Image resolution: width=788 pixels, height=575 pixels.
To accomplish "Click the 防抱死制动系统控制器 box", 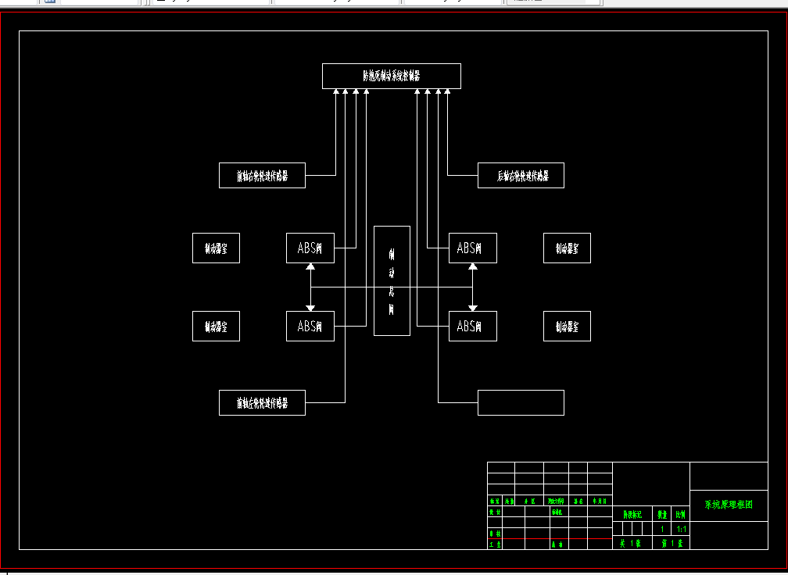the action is pyautogui.click(x=391, y=76).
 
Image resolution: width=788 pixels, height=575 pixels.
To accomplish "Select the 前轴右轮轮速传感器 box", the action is pyautogui.click(x=262, y=176).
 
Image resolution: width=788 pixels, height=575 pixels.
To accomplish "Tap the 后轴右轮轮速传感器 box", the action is pyautogui.click(x=521, y=176).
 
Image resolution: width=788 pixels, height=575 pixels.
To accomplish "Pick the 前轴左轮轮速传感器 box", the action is pyautogui.click(x=262, y=403).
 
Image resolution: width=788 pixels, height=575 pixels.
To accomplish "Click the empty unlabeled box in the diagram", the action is pyautogui.click(x=521, y=403).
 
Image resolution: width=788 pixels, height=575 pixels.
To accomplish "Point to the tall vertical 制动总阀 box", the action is pyautogui.click(x=392, y=280).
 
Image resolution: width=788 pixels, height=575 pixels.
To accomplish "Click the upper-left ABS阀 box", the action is pyautogui.click(x=310, y=248).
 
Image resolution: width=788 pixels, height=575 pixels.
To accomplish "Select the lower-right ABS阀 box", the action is pyautogui.click(x=472, y=327).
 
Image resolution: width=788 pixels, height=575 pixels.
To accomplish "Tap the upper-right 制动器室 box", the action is pyautogui.click(x=567, y=248).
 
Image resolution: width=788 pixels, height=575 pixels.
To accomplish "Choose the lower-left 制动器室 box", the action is pyautogui.click(x=216, y=327).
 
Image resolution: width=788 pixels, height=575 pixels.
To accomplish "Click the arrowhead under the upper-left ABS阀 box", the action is pyautogui.click(x=310, y=267).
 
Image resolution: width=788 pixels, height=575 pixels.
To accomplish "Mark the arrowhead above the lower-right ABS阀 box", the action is pyautogui.click(x=472, y=308).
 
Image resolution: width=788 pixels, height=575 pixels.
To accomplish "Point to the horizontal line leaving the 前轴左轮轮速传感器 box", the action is pyautogui.click(x=325, y=402).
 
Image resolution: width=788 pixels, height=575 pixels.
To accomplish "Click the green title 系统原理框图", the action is pyautogui.click(x=729, y=505).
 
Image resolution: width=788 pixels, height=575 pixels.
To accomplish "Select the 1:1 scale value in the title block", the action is pyautogui.click(x=681, y=529).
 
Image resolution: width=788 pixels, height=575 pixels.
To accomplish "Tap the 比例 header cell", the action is pyautogui.click(x=681, y=515).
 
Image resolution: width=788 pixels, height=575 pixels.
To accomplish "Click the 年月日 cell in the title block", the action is pyautogui.click(x=600, y=501).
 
